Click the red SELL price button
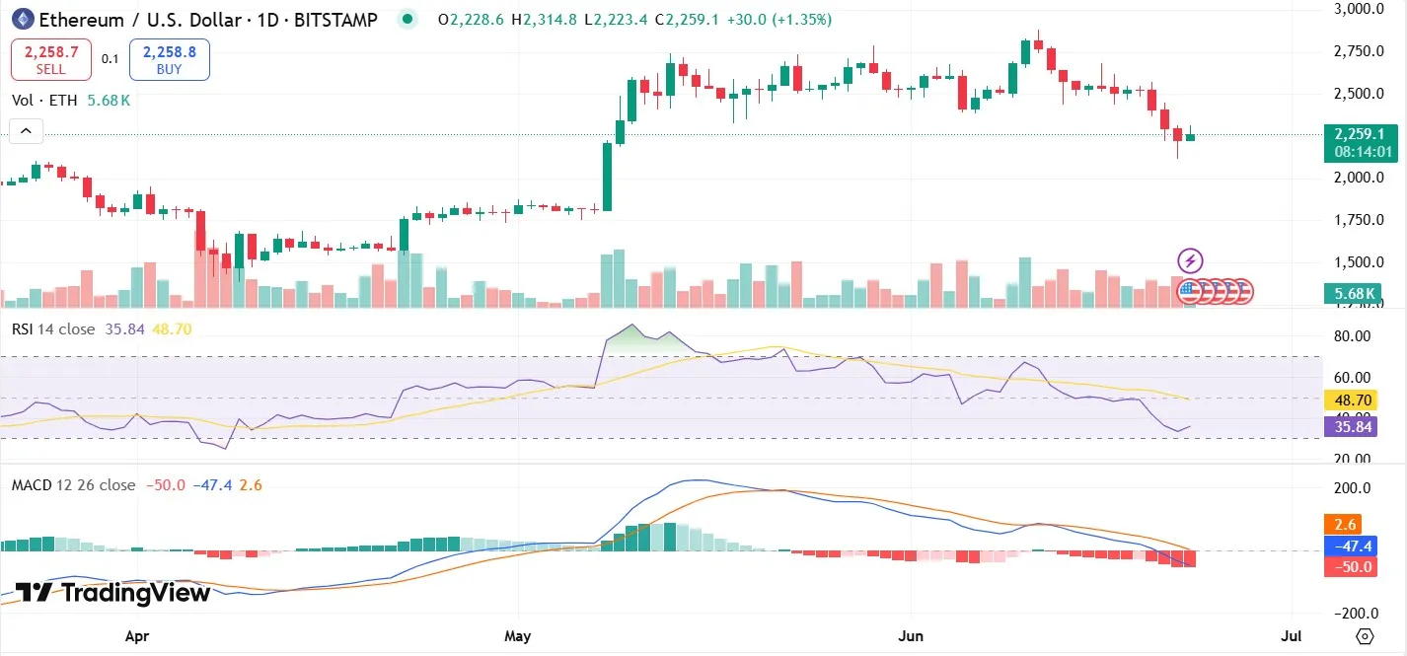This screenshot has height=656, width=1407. [51, 59]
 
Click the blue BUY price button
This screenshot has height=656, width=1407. [169, 59]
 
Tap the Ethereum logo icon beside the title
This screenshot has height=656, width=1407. [22, 19]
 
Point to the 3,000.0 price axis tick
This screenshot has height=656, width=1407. [1353, 9]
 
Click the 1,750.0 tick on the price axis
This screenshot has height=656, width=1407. [1353, 220]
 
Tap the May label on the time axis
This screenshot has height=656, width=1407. [517, 636]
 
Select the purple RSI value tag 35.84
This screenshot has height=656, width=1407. [1353, 426]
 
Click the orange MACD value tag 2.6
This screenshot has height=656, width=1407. [1345, 525]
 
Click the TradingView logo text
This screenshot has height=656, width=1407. [113, 593]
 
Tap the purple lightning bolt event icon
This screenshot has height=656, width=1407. [1191, 260]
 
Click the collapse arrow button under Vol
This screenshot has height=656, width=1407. [26, 130]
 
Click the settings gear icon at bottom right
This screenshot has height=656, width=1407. [1365, 636]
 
